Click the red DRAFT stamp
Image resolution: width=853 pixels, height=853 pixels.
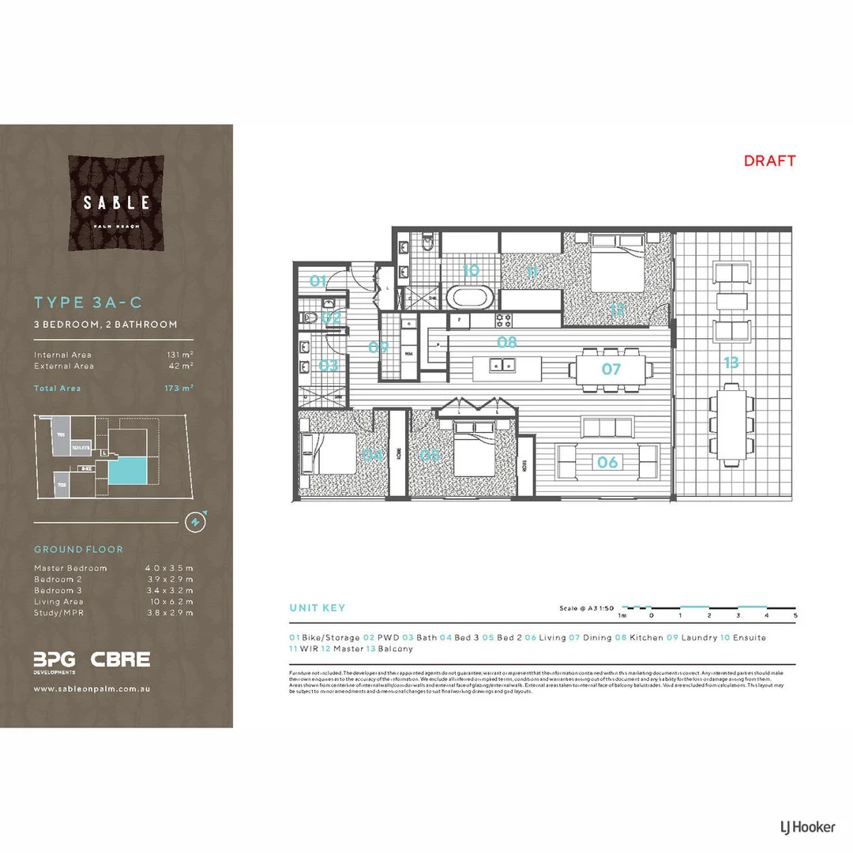click(x=769, y=161)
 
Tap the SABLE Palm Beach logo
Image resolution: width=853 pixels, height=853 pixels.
click(x=117, y=203)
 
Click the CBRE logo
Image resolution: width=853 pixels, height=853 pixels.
click(x=120, y=659)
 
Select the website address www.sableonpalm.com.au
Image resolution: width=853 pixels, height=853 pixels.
click(x=92, y=689)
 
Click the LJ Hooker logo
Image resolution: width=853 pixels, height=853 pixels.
click(x=802, y=827)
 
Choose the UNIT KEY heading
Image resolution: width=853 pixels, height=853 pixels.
click(x=318, y=608)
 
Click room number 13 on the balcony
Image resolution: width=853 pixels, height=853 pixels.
click(x=731, y=363)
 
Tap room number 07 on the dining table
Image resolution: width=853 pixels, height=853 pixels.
click(x=611, y=369)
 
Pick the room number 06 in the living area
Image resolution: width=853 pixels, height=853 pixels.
click(x=607, y=462)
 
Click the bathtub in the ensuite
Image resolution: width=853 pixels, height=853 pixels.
click(x=470, y=299)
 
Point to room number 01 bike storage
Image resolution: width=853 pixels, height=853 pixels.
click(x=318, y=280)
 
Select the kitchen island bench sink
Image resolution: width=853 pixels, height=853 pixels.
click(x=499, y=365)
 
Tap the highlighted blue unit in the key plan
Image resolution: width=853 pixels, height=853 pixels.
click(x=127, y=472)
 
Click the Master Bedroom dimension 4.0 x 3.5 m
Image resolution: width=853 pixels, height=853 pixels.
click(x=169, y=568)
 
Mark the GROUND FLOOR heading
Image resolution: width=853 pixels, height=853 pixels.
click(x=78, y=549)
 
